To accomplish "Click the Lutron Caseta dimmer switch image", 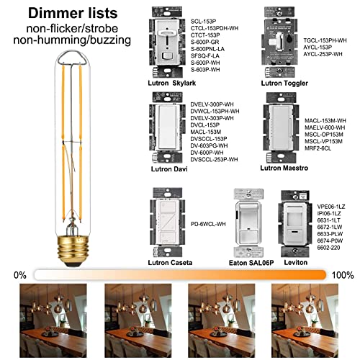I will coord(164,217).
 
